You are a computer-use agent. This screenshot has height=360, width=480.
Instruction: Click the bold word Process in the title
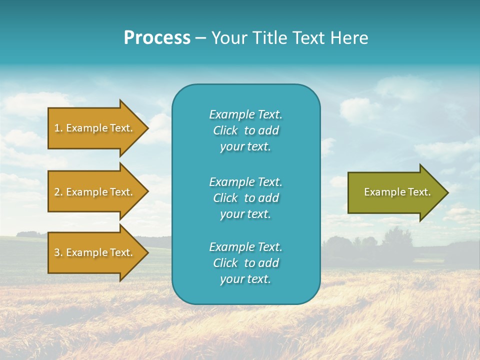[x=157, y=38]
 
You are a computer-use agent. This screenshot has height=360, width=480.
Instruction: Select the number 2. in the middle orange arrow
[x=58, y=192]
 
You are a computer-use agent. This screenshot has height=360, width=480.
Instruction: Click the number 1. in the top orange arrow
[x=58, y=128]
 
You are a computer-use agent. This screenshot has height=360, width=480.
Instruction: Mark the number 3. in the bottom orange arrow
[x=58, y=252]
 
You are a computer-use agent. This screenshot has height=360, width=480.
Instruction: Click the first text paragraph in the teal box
[x=245, y=130]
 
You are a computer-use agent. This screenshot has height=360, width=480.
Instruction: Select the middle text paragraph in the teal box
[x=245, y=198]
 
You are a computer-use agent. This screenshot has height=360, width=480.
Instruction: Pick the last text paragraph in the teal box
[x=245, y=263]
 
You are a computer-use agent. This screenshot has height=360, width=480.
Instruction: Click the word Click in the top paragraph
[x=225, y=130]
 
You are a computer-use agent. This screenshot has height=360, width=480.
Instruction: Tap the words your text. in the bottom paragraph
[x=245, y=279]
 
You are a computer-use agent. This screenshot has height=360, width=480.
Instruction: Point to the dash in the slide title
[x=200, y=38]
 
